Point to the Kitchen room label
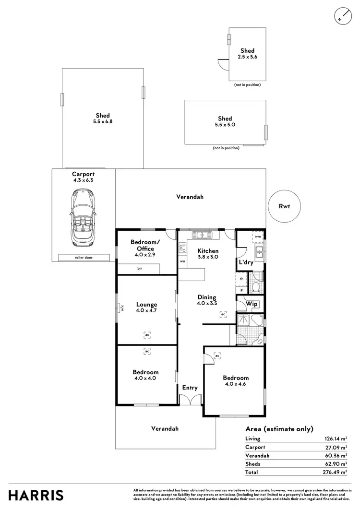[x=208, y=251]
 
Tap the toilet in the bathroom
[x=256, y=287]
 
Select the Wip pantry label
[x=252, y=304]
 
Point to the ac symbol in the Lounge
[x=147, y=334]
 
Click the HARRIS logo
[x=33, y=495]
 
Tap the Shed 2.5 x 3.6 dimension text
[x=247, y=57]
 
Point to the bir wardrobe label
[x=139, y=269]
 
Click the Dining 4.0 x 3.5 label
[x=206, y=300]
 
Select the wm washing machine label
[x=257, y=237]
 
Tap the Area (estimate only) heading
[x=279, y=429]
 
